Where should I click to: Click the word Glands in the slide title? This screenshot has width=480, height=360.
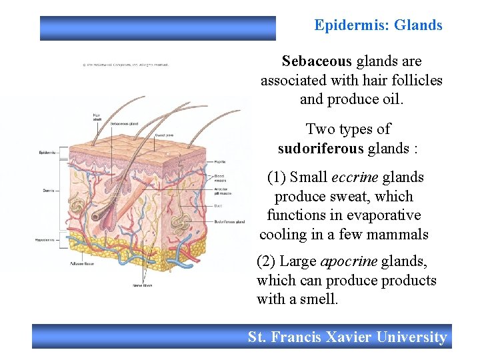pyautogui.click(x=418, y=25)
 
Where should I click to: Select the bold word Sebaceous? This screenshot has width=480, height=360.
pyautogui.click(x=316, y=61)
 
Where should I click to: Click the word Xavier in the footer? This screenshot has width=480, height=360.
pyautogui.click(x=349, y=337)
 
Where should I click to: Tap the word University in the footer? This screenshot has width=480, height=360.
pyautogui.click(x=411, y=337)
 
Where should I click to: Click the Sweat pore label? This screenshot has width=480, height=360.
pyautogui.click(x=164, y=135)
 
